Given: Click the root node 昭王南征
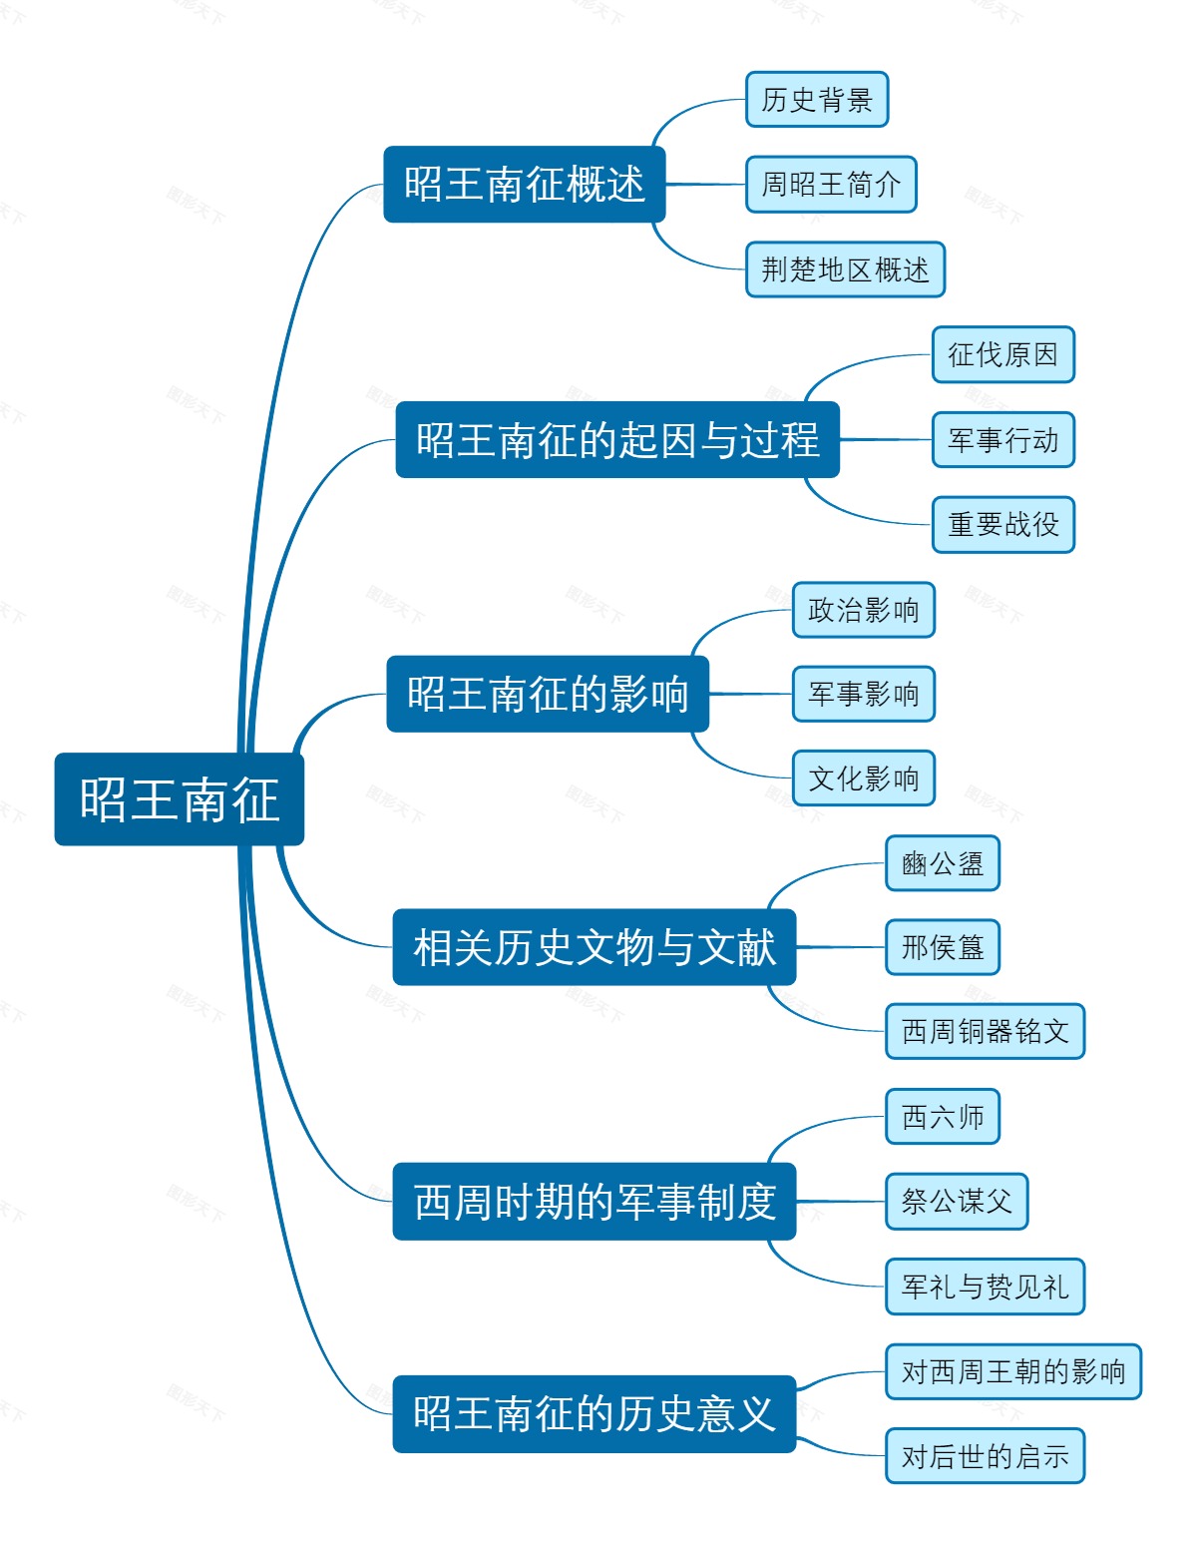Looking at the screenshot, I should pyautogui.click(x=179, y=799).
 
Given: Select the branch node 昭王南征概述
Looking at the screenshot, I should pyautogui.click(x=524, y=185).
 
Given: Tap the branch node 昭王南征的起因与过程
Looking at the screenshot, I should pyautogui.click(x=616, y=440).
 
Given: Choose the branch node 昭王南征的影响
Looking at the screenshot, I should pyautogui.click(x=547, y=694).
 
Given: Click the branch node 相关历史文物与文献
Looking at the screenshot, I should pyautogui.click(x=594, y=947).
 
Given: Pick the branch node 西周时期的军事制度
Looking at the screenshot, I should pyautogui.click(x=594, y=1202).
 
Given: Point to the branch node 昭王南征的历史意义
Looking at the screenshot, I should pyautogui.click(x=594, y=1413).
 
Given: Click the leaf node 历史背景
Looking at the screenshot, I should pyautogui.click(x=816, y=100).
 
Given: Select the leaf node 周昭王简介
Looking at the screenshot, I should pyautogui.click(x=830, y=185).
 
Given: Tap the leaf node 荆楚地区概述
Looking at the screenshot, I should pyautogui.click(x=844, y=269).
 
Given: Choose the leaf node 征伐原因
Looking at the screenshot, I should pyautogui.click(x=1002, y=354).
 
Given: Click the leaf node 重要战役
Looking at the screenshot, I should pyautogui.click(x=1002, y=524).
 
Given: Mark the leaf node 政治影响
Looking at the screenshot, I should pyautogui.click(x=863, y=610).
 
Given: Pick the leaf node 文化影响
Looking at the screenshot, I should pyautogui.click(x=863, y=778).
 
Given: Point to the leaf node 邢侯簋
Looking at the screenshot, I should pyautogui.click(x=942, y=947).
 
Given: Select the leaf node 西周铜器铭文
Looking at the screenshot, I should pyautogui.click(x=985, y=1031).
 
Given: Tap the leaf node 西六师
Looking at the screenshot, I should pyautogui.click(x=942, y=1117).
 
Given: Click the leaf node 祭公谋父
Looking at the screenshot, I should pyautogui.click(x=956, y=1202).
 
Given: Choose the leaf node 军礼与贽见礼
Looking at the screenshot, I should pyautogui.click(x=985, y=1287).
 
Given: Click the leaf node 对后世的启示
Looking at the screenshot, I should pyautogui.click(x=985, y=1456).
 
